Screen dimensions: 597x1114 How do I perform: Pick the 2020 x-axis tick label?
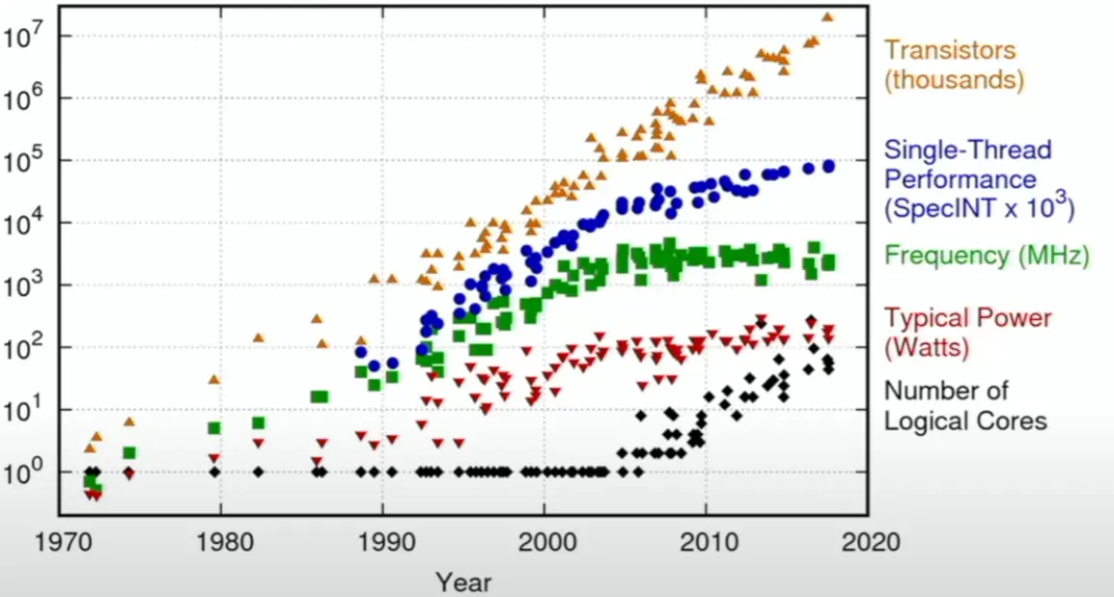[x=868, y=542]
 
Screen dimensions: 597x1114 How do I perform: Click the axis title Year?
[x=463, y=582]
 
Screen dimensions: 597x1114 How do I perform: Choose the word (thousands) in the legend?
[x=955, y=79]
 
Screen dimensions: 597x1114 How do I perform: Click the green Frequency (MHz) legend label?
[x=987, y=256]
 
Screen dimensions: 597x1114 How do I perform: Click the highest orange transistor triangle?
[x=827, y=16]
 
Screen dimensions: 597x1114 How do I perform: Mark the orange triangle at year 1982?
[x=258, y=338]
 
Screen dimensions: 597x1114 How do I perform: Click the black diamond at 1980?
[x=214, y=472]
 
